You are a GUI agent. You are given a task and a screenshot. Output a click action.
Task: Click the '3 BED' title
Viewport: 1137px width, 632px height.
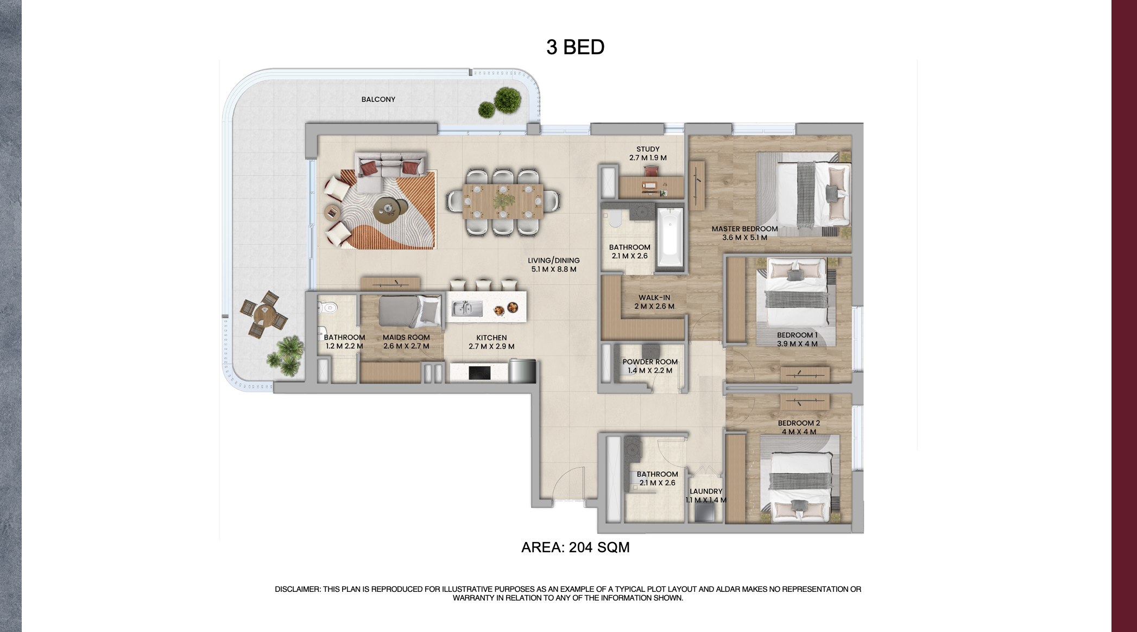click(x=575, y=47)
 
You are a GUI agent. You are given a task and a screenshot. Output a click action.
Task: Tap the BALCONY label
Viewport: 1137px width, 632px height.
click(x=378, y=99)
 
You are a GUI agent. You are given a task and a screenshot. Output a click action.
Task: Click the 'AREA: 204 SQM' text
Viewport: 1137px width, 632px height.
click(x=575, y=547)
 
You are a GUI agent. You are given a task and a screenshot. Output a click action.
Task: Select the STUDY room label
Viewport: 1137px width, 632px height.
click(x=648, y=149)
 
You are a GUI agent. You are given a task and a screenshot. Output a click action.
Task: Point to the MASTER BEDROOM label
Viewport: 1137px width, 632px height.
click(x=744, y=229)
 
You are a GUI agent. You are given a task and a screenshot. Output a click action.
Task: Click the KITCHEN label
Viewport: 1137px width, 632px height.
click(x=491, y=337)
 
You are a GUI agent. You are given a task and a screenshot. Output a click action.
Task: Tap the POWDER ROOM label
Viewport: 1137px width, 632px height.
click(x=650, y=362)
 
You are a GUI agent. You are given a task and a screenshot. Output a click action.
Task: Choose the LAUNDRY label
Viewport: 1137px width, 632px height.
click(x=706, y=491)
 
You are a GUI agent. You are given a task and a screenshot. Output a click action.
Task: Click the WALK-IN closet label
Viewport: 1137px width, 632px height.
click(x=654, y=298)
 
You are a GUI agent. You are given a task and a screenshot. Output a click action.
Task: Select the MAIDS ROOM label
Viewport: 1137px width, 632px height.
click(x=406, y=337)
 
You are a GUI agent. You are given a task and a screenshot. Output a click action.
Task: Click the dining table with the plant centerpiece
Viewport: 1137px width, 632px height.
click(x=503, y=202)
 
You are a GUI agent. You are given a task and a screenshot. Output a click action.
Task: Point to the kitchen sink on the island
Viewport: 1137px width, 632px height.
click(x=467, y=309)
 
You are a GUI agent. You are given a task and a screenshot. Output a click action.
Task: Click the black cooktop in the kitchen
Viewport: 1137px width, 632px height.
click(x=479, y=373)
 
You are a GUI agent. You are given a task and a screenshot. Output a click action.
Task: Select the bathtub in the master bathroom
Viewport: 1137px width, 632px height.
click(x=670, y=238)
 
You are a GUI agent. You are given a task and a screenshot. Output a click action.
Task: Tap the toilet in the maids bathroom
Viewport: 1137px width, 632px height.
click(x=328, y=308)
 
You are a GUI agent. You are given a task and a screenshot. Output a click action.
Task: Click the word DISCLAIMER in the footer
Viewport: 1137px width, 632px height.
click(x=297, y=589)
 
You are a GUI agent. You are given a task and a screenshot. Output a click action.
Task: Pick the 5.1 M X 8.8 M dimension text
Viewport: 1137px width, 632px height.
click(x=554, y=270)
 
